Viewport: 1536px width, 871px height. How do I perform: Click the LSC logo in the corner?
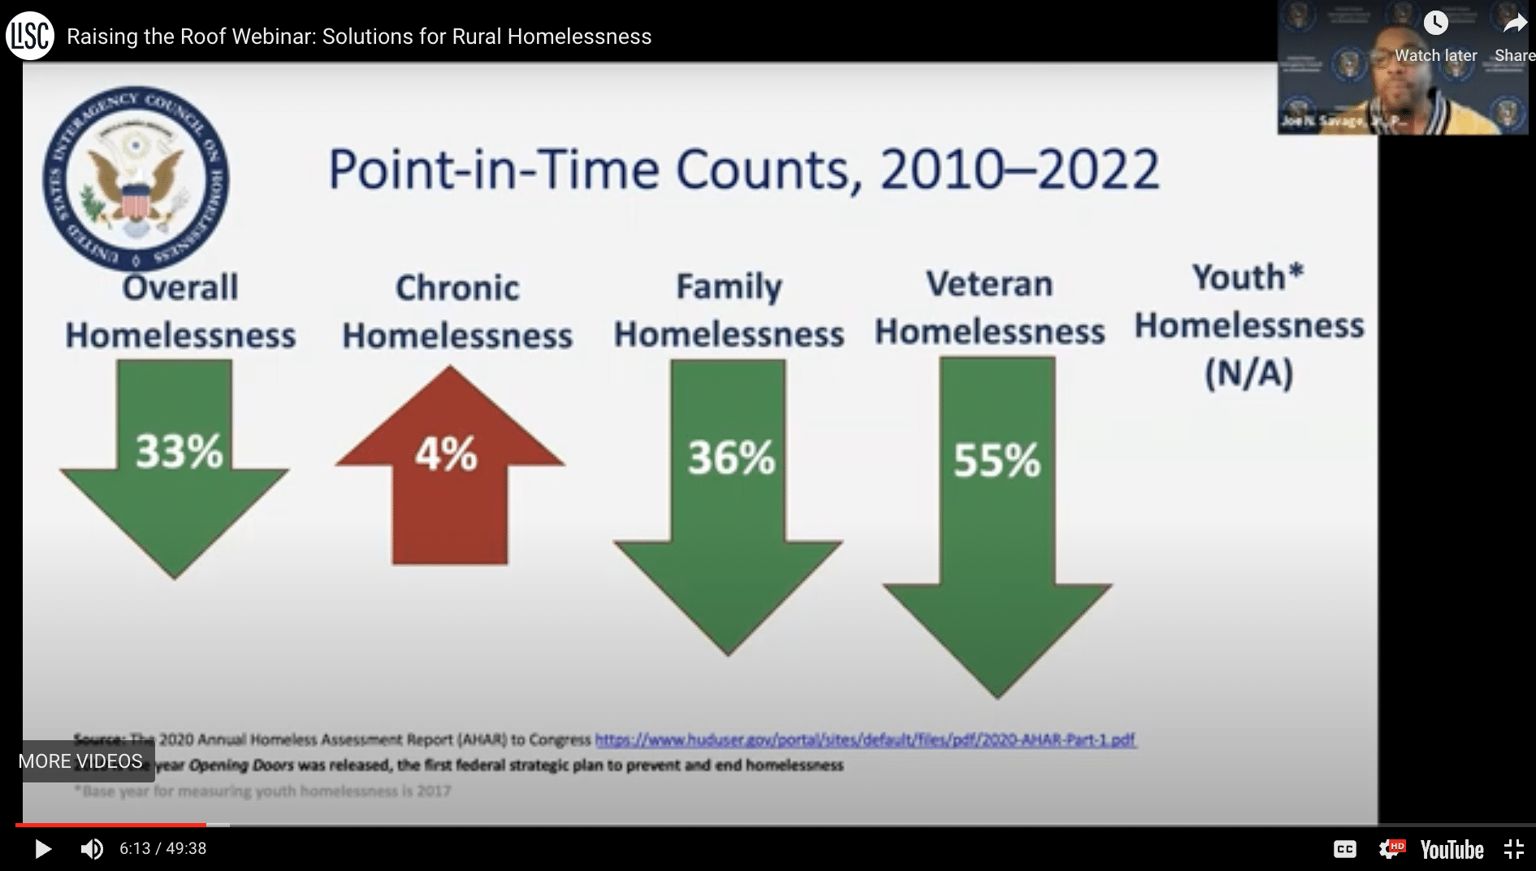(x=30, y=36)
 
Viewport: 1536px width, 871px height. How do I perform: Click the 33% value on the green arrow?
(x=179, y=452)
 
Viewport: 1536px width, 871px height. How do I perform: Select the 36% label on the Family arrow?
(x=731, y=458)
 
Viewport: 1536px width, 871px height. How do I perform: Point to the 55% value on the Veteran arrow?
(x=997, y=461)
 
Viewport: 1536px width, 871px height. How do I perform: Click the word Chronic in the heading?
(x=457, y=288)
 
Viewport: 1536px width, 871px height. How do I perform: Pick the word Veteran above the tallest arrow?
(x=989, y=284)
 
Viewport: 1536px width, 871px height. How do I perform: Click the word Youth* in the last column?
(x=1248, y=278)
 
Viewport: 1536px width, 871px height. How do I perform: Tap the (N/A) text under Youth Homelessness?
(x=1248, y=374)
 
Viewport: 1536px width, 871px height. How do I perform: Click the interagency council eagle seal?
(x=136, y=179)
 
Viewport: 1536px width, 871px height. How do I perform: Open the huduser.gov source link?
(x=865, y=739)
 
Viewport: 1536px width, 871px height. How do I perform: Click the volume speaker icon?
(x=91, y=849)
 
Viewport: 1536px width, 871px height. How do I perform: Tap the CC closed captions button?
(x=1345, y=849)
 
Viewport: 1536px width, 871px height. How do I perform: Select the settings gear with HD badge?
(x=1391, y=849)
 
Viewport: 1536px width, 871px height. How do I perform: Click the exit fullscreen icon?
(x=1513, y=849)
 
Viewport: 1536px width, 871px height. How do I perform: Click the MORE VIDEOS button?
(x=81, y=761)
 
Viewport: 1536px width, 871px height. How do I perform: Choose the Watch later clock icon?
(x=1435, y=24)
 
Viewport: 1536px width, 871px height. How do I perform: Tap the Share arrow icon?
(x=1514, y=24)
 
